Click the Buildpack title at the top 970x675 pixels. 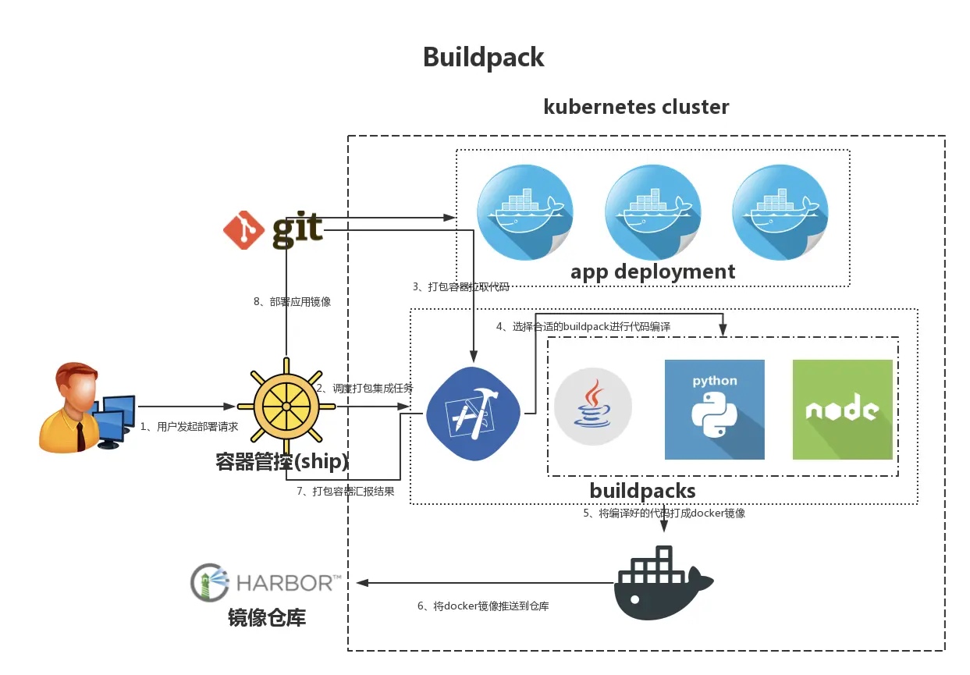click(x=483, y=58)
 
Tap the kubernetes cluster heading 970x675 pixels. click(x=636, y=107)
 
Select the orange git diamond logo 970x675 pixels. click(x=243, y=230)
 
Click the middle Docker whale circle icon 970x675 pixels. click(x=653, y=212)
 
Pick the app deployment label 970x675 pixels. click(x=652, y=272)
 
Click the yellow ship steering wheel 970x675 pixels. click(x=286, y=406)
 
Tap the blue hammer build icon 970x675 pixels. click(x=474, y=414)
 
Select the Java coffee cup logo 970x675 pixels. click(x=593, y=406)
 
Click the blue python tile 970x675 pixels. click(x=715, y=409)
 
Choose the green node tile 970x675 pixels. click(x=842, y=409)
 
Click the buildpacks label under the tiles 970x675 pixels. click(x=642, y=491)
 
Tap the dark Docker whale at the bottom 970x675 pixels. click(x=663, y=583)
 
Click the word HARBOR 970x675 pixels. click(x=285, y=583)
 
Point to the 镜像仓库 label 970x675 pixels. click(x=267, y=617)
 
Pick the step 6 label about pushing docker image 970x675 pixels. click(x=483, y=606)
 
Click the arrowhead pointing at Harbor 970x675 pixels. click(x=362, y=583)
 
